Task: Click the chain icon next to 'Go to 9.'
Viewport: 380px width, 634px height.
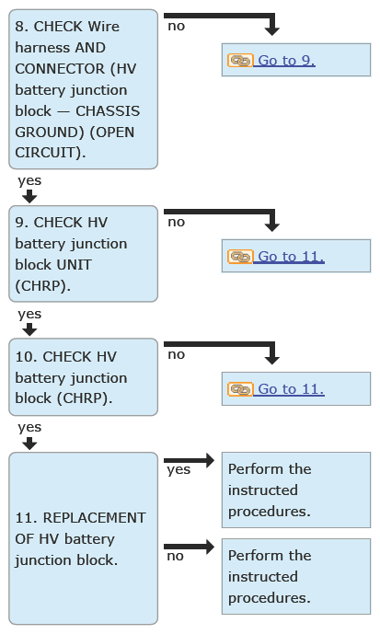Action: [x=240, y=60]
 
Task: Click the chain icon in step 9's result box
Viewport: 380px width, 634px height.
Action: [x=240, y=257]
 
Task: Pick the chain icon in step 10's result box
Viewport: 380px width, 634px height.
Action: [x=240, y=389]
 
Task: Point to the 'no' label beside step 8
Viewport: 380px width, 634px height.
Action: [x=177, y=27]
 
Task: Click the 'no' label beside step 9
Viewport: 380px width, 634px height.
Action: [x=177, y=223]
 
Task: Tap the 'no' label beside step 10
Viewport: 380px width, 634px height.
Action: [x=177, y=355]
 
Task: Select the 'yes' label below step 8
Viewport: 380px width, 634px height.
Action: [x=29, y=180]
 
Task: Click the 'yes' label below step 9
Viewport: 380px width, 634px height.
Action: [x=29, y=314]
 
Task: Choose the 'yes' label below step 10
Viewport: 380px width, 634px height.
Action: [x=29, y=427]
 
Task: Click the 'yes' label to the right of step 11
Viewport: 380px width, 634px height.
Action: [x=178, y=470]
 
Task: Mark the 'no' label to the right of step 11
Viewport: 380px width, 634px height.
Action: [x=176, y=557]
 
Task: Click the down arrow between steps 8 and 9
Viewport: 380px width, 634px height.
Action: [x=29, y=197]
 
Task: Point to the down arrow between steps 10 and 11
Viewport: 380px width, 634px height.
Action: [x=29, y=444]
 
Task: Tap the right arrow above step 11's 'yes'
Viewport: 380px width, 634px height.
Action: [x=190, y=460]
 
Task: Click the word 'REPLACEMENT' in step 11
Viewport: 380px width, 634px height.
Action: [x=94, y=518]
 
